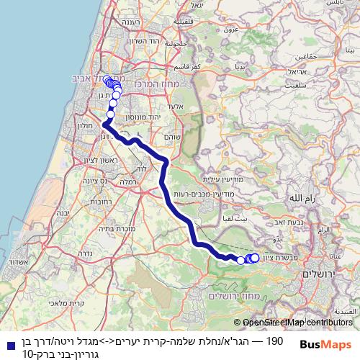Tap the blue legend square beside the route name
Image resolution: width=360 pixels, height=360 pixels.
click(6, 344)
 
